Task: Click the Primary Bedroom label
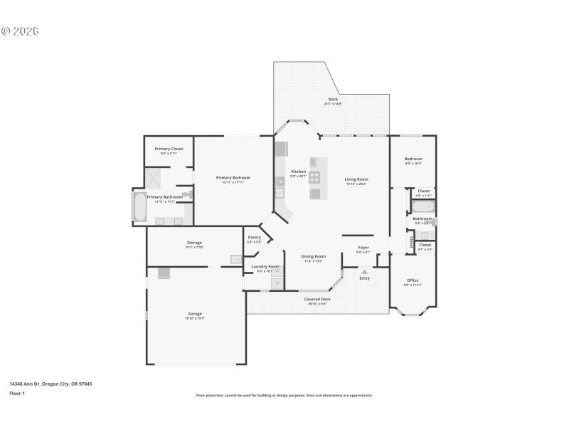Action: coord(233,177)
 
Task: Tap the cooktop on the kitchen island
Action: coord(314,176)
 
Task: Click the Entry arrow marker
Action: coord(364,271)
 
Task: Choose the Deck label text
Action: coord(333,99)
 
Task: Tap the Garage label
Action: coord(195,313)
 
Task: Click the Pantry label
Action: coord(254,237)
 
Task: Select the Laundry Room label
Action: coord(265,266)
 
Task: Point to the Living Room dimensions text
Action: coord(356,184)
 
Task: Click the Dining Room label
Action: coord(314,256)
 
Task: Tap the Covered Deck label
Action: coord(317,299)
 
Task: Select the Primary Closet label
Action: coord(169,149)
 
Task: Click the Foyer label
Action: coord(363,247)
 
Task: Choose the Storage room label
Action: coord(194,243)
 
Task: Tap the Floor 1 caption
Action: coord(17,393)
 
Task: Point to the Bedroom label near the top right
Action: coord(413,159)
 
